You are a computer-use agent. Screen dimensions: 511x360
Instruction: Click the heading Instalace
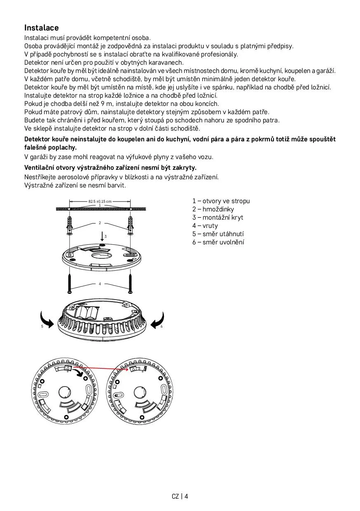point(41,28)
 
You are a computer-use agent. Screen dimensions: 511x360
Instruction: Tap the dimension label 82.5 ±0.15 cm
point(100,201)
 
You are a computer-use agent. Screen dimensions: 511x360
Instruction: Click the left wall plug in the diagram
point(70,225)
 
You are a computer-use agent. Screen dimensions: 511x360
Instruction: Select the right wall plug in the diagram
point(131,225)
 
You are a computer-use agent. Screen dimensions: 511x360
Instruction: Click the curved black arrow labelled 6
point(158,320)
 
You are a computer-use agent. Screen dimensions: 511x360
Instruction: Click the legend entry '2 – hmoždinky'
point(213,209)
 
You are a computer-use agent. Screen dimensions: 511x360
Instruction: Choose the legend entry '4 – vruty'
point(205,226)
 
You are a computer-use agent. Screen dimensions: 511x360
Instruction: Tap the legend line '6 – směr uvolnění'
point(218,242)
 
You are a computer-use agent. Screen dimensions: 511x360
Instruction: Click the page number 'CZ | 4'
point(180,496)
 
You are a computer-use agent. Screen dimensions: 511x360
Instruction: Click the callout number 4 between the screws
point(100,284)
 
